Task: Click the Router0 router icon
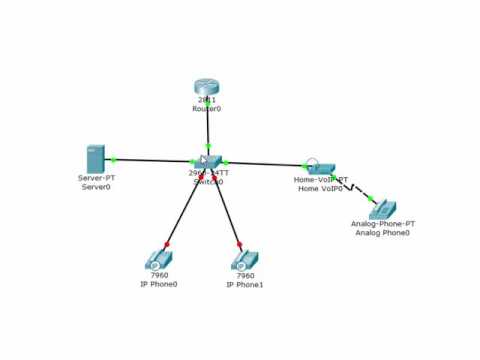tap(207, 88)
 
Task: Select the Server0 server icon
tap(95, 158)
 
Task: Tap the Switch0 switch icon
tap(209, 162)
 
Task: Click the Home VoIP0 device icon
tap(320, 167)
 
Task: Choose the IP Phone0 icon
tap(158, 260)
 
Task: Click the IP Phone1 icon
tap(244, 260)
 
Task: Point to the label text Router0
tap(207, 109)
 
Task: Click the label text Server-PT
tap(96, 178)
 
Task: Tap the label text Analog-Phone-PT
tap(383, 224)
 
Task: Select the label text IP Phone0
tap(159, 284)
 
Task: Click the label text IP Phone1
tap(245, 284)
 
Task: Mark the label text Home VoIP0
tap(320, 188)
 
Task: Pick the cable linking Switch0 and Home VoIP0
tap(265, 163)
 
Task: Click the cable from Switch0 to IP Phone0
tap(185, 210)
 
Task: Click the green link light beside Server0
tap(114, 159)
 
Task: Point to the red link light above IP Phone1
tap(239, 243)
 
